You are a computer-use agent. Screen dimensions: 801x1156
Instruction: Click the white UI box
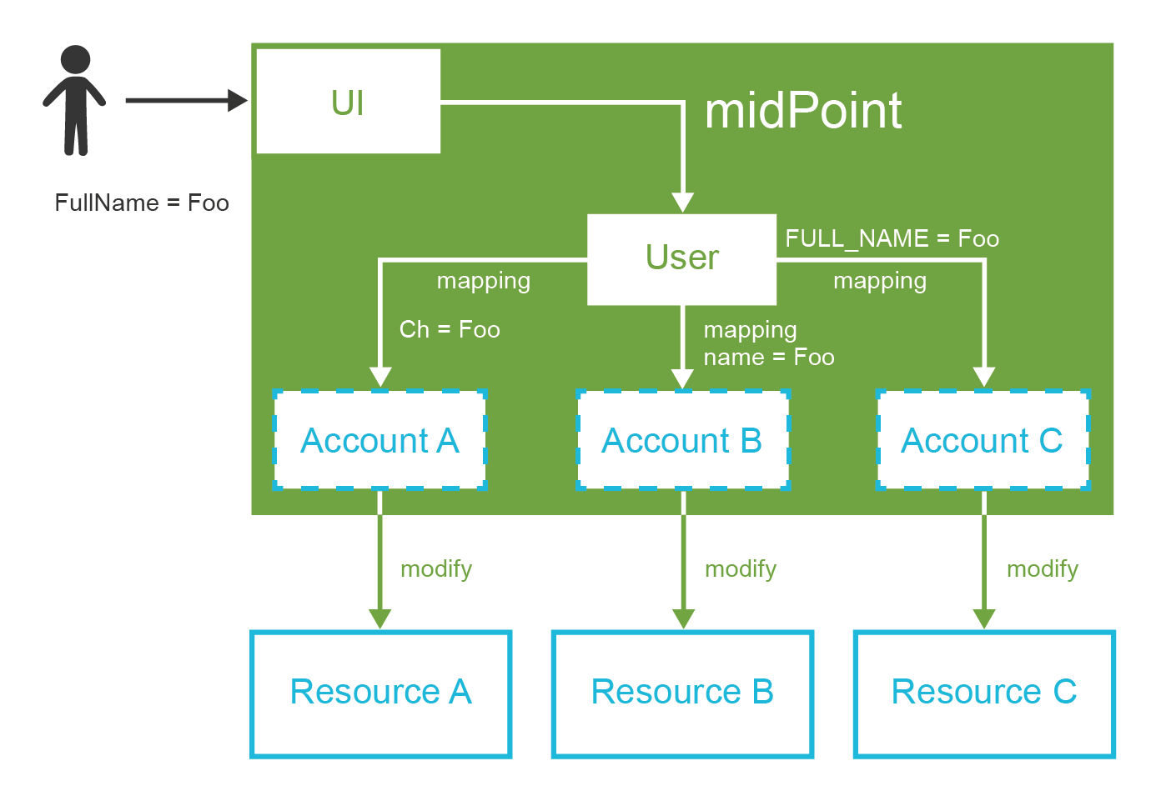[x=348, y=102]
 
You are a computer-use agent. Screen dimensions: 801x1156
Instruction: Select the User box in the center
[x=681, y=258]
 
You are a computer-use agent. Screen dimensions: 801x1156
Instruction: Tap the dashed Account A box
[x=379, y=440]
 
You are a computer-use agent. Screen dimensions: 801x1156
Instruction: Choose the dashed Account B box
[x=682, y=440]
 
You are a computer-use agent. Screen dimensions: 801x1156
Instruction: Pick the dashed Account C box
[x=983, y=440]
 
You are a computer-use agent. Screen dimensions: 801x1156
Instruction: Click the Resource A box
[x=380, y=693]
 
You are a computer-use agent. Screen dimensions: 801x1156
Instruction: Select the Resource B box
[x=682, y=693]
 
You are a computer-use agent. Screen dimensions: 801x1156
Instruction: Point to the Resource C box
[x=984, y=693]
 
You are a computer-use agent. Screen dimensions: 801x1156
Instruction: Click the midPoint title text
[x=802, y=111]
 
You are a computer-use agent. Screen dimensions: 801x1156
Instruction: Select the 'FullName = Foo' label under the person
[x=142, y=203]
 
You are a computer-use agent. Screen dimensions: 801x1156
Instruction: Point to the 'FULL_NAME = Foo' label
[x=892, y=239]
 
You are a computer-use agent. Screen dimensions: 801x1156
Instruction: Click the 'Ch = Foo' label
[x=450, y=330]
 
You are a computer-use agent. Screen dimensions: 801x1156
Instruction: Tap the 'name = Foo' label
[x=768, y=358]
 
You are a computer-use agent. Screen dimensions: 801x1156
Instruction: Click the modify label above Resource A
[x=436, y=569]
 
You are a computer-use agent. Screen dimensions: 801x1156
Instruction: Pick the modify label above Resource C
[x=1042, y=569]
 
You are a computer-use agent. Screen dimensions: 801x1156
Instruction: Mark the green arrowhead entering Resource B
[x=683, y=618]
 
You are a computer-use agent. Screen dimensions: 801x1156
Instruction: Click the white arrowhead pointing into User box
[x=683, y=203]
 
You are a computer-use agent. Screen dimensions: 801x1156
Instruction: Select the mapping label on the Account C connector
[x=880, y=282]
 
